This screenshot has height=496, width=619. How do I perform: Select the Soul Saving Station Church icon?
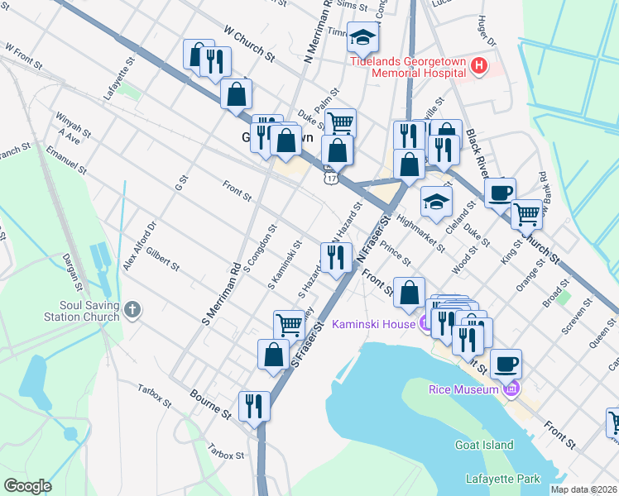click(133, 311)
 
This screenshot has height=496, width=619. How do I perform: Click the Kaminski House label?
click(373, 324)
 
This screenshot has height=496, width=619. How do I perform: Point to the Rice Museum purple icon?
click(512, 389)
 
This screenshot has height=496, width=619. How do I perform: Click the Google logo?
click(27, 485)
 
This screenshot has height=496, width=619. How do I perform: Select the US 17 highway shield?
click(331, 177)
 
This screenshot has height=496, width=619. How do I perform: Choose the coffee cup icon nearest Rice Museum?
click(506, 363)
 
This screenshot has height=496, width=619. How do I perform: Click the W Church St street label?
click(248, 44)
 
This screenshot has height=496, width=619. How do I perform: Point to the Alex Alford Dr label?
click(139, 246)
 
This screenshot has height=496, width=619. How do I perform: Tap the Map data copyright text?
click(583, 489)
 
